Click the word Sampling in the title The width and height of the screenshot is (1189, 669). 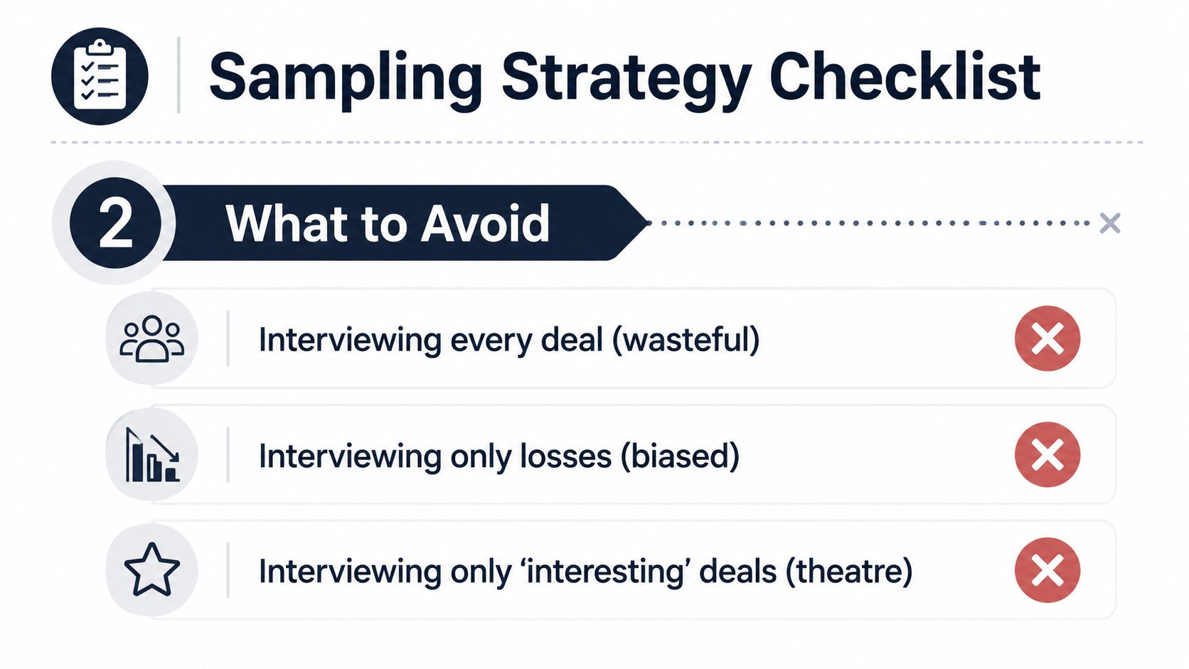pyautogui.click(x=346, y=77)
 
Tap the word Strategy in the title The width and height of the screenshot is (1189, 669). pyautogui.click(x=627, y=78)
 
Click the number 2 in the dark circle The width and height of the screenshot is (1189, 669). pyautogui.click(x=116, y=223)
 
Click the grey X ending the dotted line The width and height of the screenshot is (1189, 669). pyautogui.click(x=1109, y=223)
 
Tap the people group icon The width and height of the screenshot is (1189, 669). pyautogui.click(x=151, y=339)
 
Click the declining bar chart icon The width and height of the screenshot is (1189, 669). pyautogui.click(x=152, y=455)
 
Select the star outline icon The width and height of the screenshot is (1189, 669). pyautogui.click(x=151, y=569)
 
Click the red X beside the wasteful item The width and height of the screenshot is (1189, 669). pyautogui.click(x=1047, y=338)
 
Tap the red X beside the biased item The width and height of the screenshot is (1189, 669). pyautogui.click(x=1047, y=455)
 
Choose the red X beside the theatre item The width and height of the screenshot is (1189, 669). pyautogui.click(x=1047, y=570)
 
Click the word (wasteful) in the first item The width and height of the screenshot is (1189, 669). pyautogui.click(x=686, y=340)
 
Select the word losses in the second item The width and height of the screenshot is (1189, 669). pyautogui.click(x=566, y=456)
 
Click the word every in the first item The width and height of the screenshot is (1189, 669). pyautogui.click(x=491, y=342)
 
